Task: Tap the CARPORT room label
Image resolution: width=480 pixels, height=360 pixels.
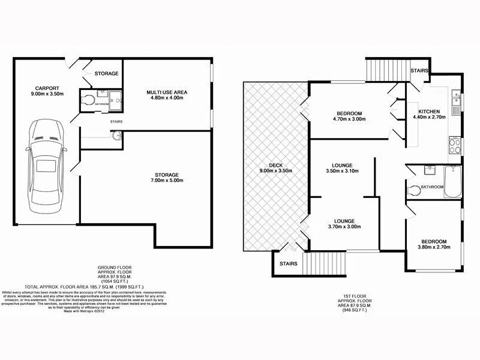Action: pos(46,87)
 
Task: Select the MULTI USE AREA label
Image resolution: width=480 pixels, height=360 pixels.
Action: pos(167,92)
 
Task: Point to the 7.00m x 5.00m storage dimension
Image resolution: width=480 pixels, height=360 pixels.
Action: pos(167,181)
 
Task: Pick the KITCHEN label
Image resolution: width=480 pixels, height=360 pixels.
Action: pos(429,112)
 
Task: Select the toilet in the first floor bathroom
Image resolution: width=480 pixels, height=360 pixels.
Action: pos(413,191)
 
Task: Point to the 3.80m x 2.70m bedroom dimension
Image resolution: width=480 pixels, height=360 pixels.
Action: pos(433,247)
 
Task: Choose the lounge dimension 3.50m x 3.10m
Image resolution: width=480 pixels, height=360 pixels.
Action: pos(341,172)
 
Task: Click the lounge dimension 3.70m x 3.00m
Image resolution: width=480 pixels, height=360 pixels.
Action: pos(341,227)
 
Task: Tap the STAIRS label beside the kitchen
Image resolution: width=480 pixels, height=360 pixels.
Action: pos(419,71)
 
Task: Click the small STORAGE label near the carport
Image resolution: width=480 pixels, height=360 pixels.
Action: pos(106,74)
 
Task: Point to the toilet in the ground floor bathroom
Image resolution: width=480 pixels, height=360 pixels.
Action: pos(88,100)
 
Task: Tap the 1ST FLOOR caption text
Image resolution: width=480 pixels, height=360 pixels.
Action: pos(356,296)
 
